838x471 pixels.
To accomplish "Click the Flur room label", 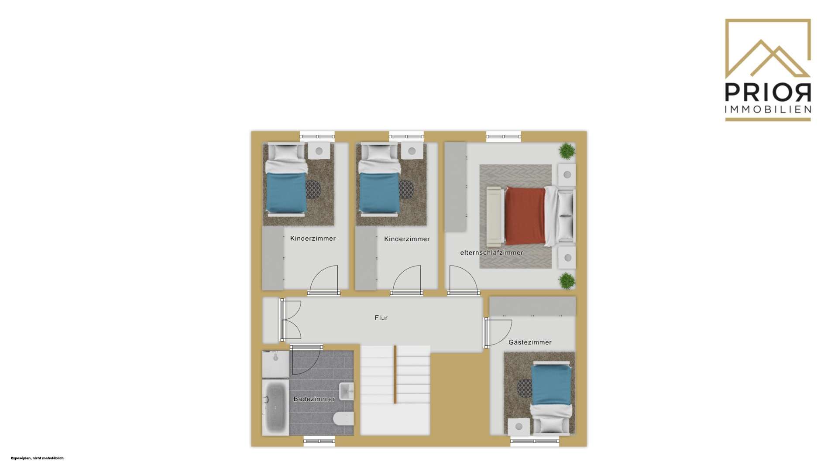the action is (x=381, y=318).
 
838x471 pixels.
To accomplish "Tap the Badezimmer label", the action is (x=314, y=399).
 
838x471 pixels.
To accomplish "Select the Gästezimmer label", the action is (x=530, y=342).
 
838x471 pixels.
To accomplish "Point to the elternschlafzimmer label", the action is (x=491, y=253).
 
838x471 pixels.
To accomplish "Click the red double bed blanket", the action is (x=525, y=215).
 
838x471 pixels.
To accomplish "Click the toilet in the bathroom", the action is (x=343, y=419).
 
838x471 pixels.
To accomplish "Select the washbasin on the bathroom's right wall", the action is (x=347, y=391).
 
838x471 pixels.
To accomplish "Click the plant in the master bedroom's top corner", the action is (x=567, y=151).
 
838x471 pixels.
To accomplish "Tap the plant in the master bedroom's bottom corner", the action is (x=567, y=281).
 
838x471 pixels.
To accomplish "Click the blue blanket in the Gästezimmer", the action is (x=551, y=385).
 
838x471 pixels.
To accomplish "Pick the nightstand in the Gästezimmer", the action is (x=519, y=426).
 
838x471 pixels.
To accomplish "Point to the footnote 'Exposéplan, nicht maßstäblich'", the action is (x=37, y=458).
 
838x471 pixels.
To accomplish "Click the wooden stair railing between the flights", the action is (x=395, y=375).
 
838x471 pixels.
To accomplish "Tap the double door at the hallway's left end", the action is (x=290, y=320).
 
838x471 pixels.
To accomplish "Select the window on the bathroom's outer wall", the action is (x=319, y=441).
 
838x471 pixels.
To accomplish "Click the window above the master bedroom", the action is (x=504, y=137).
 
